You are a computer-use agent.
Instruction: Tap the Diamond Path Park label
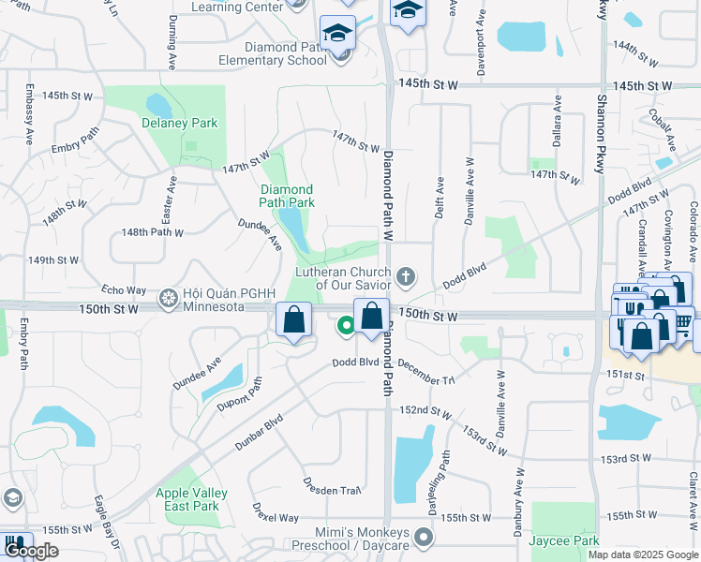[287, 196]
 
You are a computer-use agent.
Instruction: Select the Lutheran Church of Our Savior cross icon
[405, 276]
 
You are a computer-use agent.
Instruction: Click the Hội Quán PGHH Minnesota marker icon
[169, 299]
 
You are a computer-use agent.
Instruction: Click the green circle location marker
[346, 326]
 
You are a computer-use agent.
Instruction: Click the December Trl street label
[426, 371]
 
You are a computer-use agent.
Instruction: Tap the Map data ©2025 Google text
[643, 555]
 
